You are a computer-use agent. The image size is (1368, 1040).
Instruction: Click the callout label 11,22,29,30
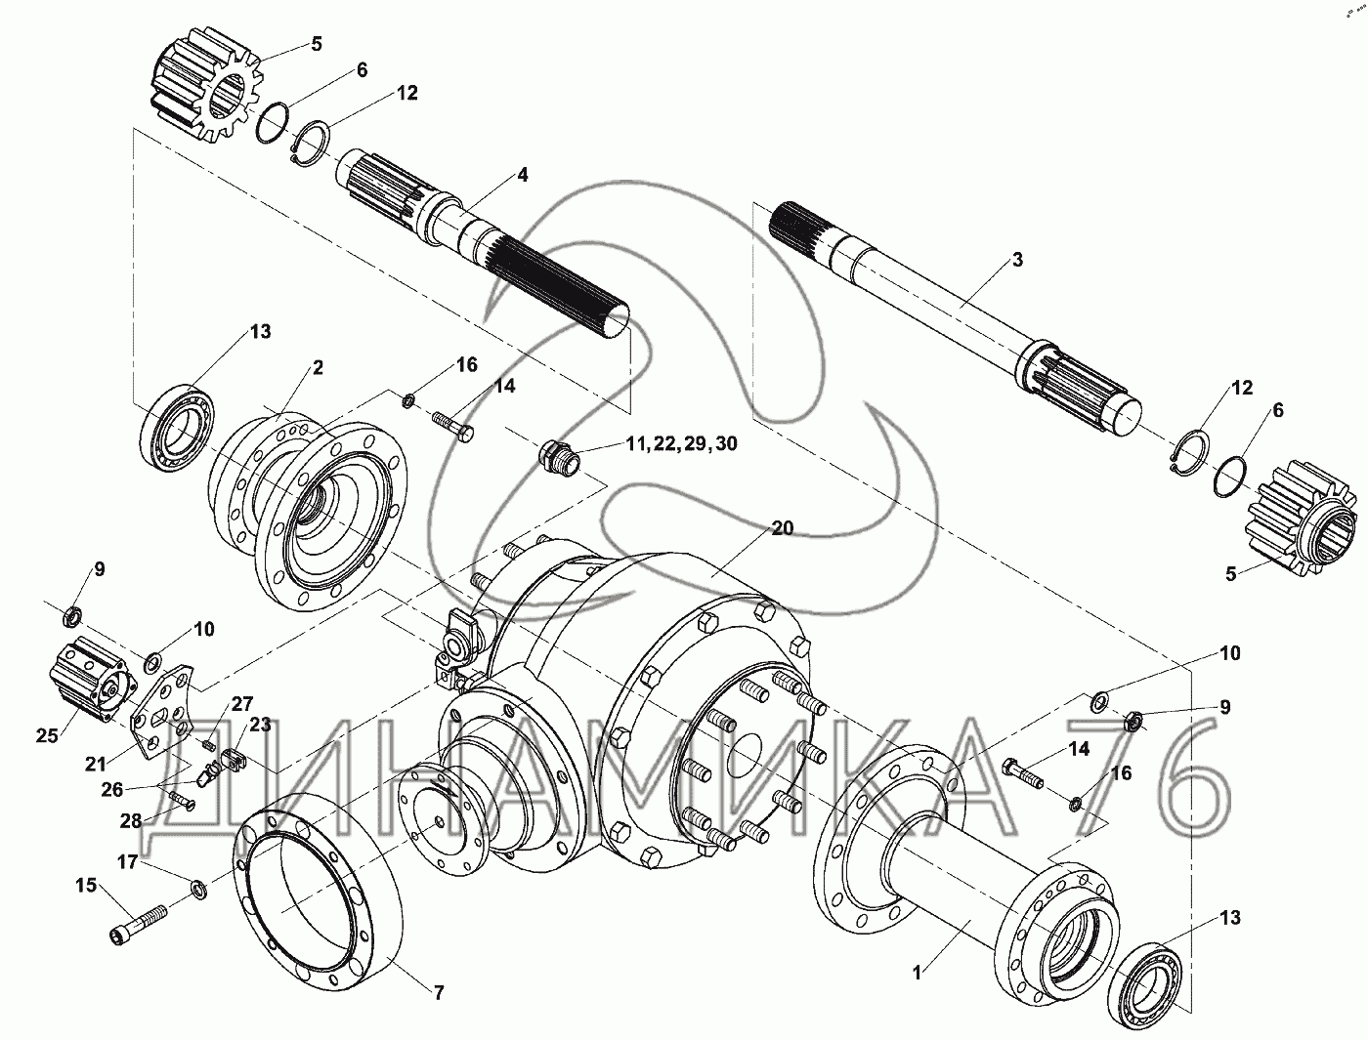[x=682, y=443]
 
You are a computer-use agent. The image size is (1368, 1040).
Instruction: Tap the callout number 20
[x=783, y=528]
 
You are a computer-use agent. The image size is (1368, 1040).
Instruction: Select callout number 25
[x=47, y=735]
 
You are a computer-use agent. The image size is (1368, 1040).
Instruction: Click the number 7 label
[x=439, y=993]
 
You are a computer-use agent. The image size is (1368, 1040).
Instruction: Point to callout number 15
[x=87, y=885]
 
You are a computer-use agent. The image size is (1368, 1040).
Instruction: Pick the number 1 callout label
[x=917, y=973]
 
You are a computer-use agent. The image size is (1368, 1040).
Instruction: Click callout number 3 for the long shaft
[x=1017, y=260]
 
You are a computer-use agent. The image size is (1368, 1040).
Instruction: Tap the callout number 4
[x=522, y=175]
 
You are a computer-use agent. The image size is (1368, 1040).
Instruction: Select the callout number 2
[x=318, y=367]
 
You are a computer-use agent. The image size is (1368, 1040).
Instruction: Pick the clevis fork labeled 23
[x=234, y=759]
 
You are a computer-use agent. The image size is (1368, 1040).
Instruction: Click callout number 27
[x=241, y=704]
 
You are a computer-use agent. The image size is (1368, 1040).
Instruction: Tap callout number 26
[x=112, y=789]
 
